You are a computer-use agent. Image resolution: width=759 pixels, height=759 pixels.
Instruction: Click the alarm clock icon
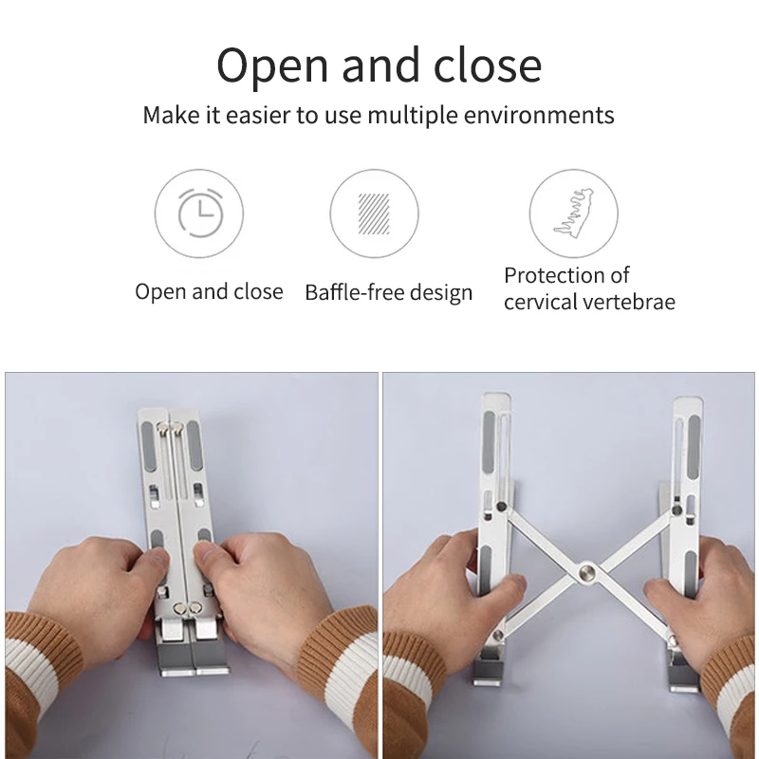tap(200, 213)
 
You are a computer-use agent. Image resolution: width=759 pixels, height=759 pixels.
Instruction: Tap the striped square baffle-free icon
tap(374, 213)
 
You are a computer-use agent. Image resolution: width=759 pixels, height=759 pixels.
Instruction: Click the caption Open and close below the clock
tap(209, 291)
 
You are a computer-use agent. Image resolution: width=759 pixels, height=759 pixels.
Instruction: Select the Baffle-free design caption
tap(388, 292)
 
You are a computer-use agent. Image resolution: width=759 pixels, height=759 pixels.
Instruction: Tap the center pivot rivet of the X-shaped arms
tap(584, 572)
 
